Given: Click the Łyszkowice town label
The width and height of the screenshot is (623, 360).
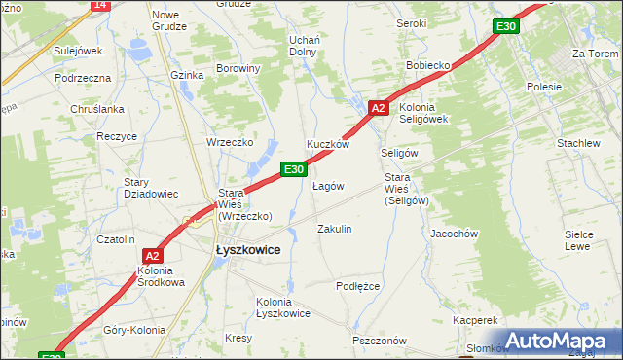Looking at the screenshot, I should click(247, 250).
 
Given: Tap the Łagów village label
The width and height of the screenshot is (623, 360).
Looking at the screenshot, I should click(328, 186).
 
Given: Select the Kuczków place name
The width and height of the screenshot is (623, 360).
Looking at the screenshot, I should click(328, 144).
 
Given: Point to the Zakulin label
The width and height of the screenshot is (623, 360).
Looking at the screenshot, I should click(335, 229).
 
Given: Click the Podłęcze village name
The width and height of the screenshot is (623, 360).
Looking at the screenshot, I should click(357, 286).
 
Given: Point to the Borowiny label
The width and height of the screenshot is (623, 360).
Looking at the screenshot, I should click(238, 69).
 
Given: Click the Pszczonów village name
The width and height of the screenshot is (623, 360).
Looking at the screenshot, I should click(380, 341).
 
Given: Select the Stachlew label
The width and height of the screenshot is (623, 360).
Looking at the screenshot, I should click(578, 143).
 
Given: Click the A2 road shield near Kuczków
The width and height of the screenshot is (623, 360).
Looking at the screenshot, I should click(380, 108).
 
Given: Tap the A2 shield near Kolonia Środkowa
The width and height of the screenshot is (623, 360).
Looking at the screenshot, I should click(152, 257).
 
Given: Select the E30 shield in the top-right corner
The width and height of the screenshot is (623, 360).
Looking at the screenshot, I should click(504, 26).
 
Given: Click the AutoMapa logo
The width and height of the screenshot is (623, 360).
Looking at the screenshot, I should click(560, 341).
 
